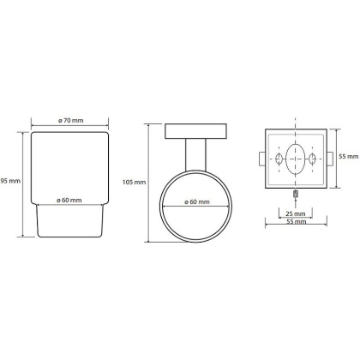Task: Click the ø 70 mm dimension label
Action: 70,120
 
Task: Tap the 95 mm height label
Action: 10,181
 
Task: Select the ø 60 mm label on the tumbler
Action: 69,200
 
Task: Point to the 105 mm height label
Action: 134,182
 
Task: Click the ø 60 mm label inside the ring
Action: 197,201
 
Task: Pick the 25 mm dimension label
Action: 296,213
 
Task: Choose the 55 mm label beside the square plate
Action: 348,156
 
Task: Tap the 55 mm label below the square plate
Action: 297,221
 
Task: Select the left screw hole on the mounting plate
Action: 279,159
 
